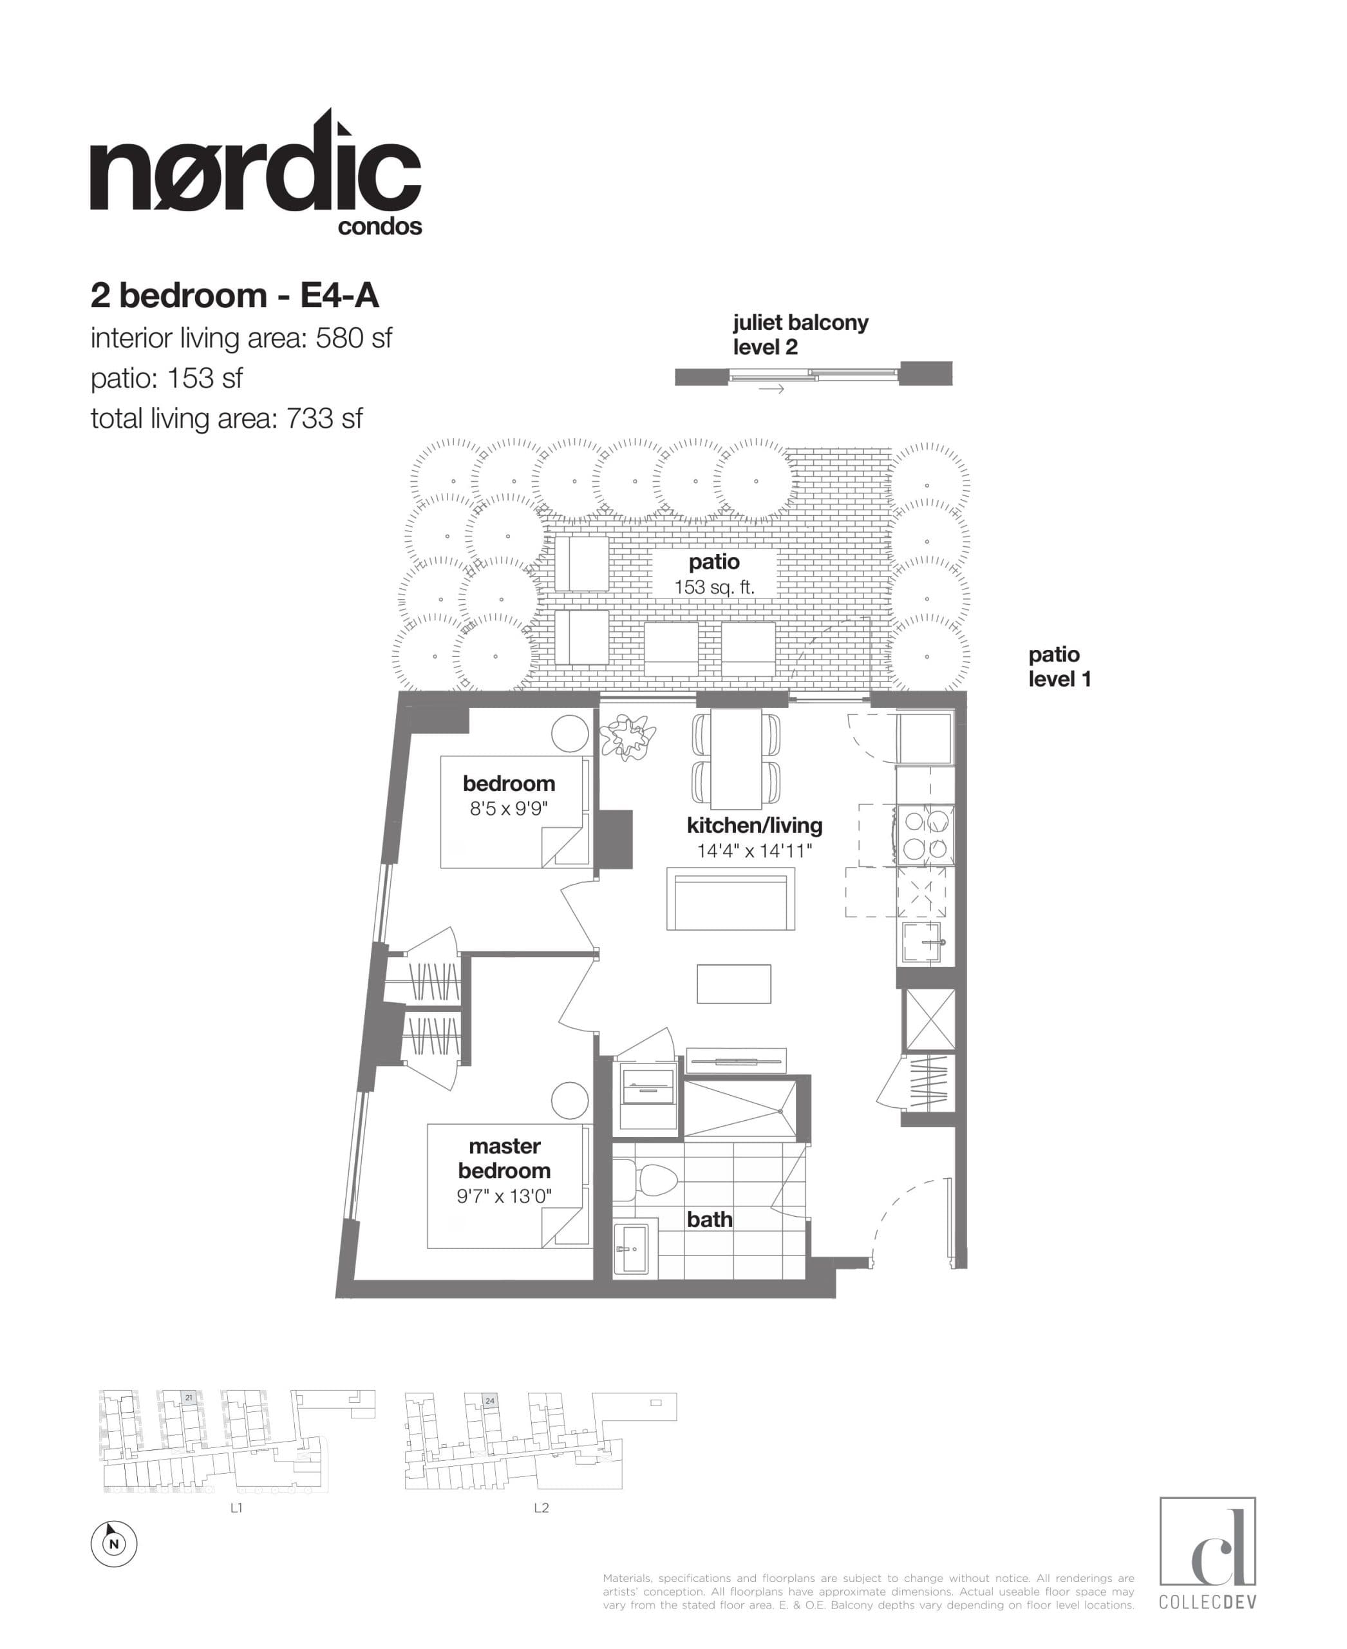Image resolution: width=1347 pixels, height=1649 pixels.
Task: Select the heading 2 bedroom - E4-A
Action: [x=234, y=296]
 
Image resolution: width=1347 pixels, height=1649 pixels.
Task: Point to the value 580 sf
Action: [x=353, y=338]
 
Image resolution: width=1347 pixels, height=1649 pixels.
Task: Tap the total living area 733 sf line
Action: [x=226, y=419]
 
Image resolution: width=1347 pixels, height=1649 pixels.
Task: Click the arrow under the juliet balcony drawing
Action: [x=771, y=389]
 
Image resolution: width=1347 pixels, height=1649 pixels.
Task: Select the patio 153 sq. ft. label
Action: [x=714, y=574]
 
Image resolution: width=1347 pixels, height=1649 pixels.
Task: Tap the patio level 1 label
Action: [x=1059, y=666]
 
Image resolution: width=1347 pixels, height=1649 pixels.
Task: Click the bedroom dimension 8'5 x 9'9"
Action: [x=508, y=809]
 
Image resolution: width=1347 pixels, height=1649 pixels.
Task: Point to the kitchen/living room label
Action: [x=754, y=825]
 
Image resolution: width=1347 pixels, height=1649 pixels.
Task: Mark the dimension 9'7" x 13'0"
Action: [x=504, y=1196]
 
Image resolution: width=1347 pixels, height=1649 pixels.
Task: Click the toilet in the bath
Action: [x=650, y=1180]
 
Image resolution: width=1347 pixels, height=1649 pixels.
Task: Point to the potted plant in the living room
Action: [x=627, y=735]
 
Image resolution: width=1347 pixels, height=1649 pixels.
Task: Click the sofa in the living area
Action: [x=730, y=899]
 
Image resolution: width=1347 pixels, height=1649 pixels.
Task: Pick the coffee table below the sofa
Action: [x=733, y=984]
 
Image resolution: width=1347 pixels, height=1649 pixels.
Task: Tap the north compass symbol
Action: [x=114, y=1543]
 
